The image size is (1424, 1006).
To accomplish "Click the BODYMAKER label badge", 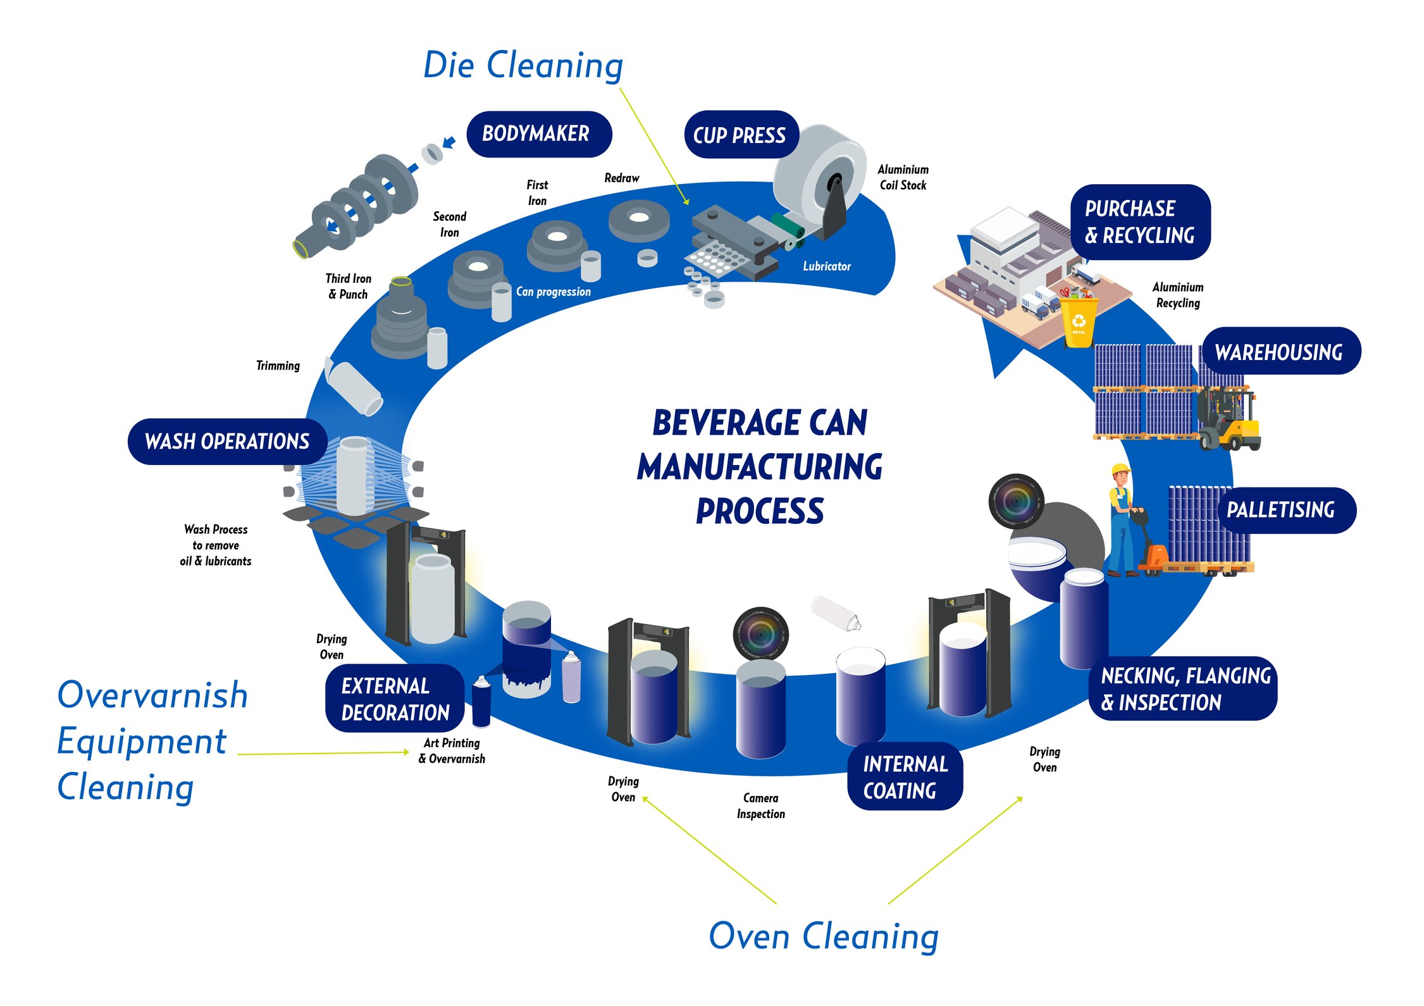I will tap(538, 134).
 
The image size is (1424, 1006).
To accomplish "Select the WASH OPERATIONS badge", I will tap(227, 441).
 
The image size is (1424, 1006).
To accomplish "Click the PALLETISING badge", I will tap(1285, 510).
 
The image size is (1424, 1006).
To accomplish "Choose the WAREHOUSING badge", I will tap(1280, 352).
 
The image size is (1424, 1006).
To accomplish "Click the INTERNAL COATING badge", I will tap(904, 777).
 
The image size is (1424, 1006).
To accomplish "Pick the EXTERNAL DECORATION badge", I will tap(395, 699).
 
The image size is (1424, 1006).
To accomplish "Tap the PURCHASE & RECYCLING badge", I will tap(1139, 222).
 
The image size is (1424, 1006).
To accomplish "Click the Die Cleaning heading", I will tap(523, 65).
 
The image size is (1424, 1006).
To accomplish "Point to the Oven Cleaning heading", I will tap(823, 936).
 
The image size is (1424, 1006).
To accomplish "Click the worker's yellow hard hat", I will tap(1120, 469).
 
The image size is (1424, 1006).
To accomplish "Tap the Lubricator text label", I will tap(826, 266).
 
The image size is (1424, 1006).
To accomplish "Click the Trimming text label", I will tap(278, 366).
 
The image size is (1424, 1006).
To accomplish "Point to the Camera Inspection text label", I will tap(760, 806).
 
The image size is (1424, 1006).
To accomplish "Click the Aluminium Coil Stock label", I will tap(903, 177).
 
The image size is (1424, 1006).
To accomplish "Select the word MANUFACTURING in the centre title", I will tap(759, 468).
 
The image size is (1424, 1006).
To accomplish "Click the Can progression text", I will tap(553, 292).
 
